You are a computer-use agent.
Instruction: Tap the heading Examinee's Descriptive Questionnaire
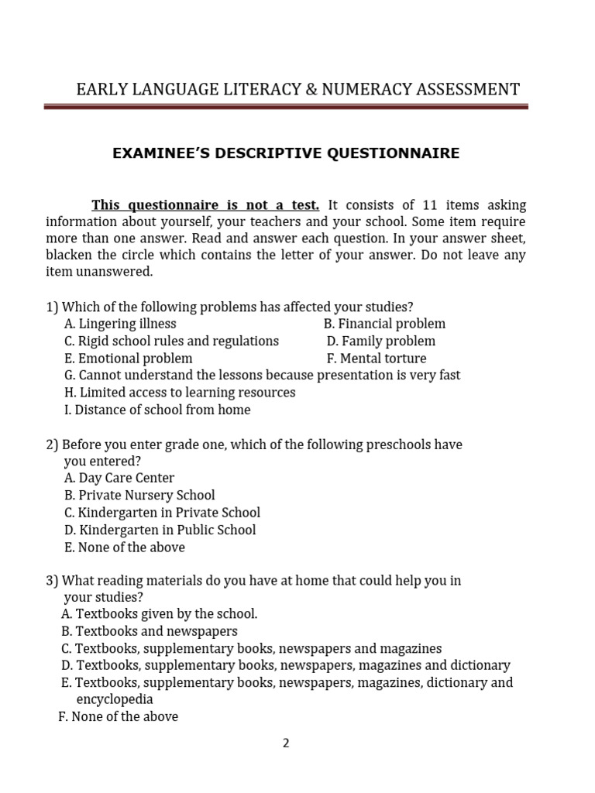(286, 153)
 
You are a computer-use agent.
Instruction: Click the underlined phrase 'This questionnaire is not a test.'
(205, 205)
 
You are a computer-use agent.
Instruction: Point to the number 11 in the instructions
(431, 205)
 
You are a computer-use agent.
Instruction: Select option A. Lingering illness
(120, 324)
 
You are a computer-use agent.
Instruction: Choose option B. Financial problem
(384, 324)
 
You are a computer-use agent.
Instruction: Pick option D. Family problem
(380, 341)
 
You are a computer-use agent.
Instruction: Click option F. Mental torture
(377, 359)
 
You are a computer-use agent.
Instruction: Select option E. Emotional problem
(129, 359)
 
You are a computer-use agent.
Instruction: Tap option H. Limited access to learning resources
(180, 393)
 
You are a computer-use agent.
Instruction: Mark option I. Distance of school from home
(157, 410)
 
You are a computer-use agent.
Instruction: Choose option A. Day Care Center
(119, 478)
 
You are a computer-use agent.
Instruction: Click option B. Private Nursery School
(139, 495)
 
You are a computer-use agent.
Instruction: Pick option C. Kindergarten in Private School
(162, 513)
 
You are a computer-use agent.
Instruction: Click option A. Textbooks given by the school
(159, 613)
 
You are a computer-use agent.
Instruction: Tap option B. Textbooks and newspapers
(149, 631)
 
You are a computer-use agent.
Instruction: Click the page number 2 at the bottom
(286, 743)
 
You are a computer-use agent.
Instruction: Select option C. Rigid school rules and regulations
(171, 341)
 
